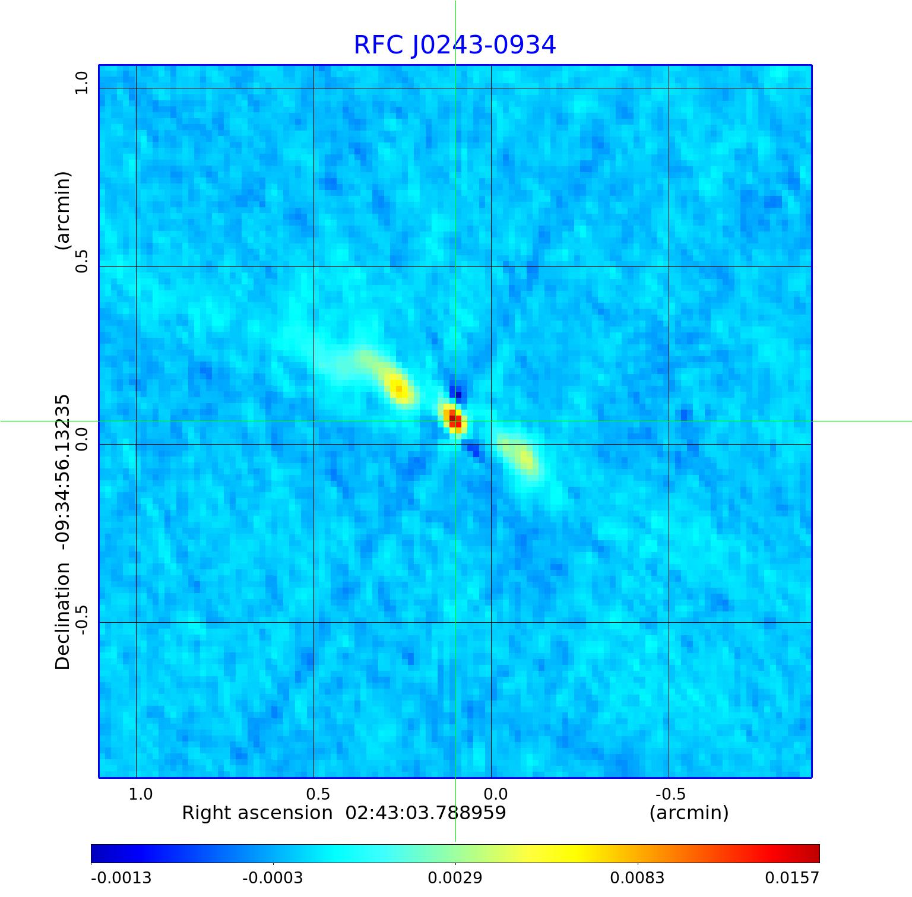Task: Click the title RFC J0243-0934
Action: (x=455, y=45)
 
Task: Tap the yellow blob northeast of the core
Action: (x=398, y=388)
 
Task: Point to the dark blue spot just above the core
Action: (x=456, y=392)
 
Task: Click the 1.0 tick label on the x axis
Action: (x=141, y=794)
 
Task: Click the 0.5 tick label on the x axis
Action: (x=318, y=794)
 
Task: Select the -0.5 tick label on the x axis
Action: (x=670, y=794)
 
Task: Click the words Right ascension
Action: (x=257, y=813)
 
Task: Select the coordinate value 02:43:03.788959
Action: (x=426, y=813)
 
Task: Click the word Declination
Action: (x=63, y=616)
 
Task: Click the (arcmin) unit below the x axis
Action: (x=689, y=813)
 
